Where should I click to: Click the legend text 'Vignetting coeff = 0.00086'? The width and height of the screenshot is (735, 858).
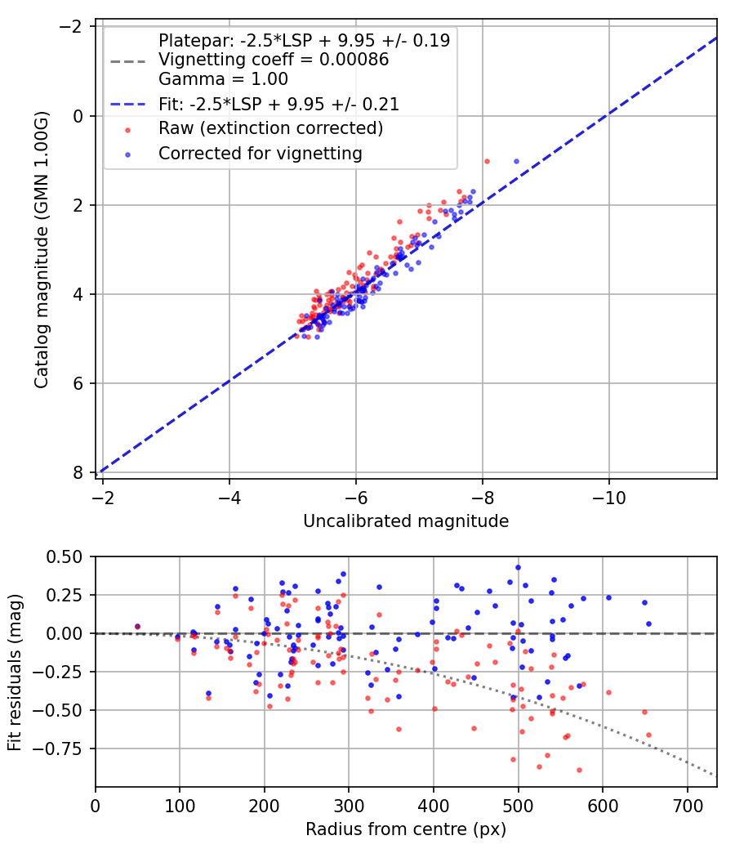point(274,60)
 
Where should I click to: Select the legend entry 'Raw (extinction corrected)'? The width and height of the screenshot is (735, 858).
point(270,128)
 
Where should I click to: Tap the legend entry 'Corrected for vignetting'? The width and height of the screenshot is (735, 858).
point(261,153)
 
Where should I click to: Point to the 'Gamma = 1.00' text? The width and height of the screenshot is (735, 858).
point(223,79)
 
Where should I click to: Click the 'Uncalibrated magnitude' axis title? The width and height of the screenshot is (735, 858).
point(406,521)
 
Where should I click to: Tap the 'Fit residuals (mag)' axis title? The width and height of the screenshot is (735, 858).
point(16,672)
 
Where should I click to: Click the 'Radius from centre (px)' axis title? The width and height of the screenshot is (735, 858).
point(406,829)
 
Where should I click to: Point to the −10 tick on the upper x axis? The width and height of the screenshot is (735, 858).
point(609,496)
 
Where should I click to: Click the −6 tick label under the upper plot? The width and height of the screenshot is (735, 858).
point(356,496)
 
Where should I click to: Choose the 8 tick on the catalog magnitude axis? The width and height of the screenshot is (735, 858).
point(78,472)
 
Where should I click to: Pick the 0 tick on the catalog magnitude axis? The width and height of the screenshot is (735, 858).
point(78,116)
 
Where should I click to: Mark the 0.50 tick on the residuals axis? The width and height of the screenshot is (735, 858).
point(65,556)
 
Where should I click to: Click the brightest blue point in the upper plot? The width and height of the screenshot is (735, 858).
point(516,161)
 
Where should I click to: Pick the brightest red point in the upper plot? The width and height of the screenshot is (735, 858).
point(487,161)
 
